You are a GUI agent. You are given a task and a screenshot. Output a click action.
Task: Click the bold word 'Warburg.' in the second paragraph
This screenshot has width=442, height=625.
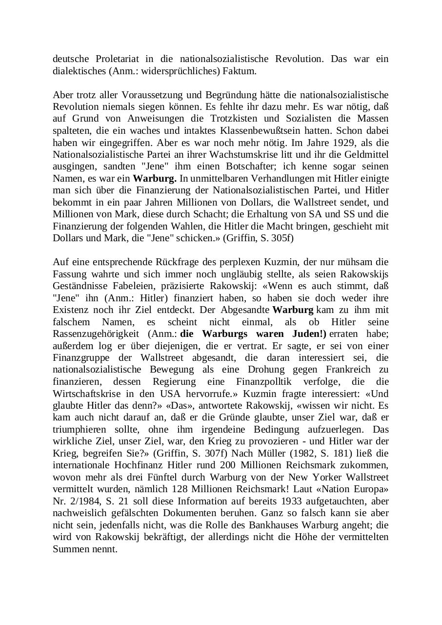[155, 178]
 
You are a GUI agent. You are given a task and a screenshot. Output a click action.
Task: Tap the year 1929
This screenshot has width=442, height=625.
[342, 143]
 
